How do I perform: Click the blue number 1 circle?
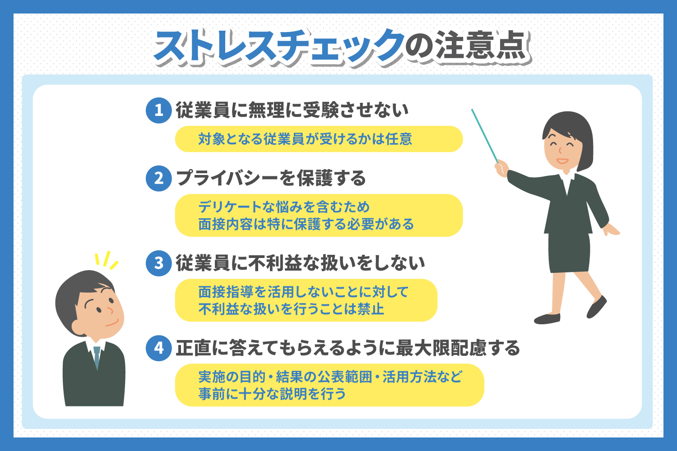[159, 110]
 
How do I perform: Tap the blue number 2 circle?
[159, 178]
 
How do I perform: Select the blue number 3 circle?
[159, 263]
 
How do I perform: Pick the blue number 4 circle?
[159, 348]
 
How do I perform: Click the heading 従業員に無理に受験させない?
[292, 110]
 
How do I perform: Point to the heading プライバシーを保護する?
[271, 178]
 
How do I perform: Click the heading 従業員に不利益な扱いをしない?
[301, 263]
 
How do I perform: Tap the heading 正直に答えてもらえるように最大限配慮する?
[348, 348]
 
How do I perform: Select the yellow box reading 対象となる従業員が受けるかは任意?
[319, 139]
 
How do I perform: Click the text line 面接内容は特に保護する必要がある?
[306, 224]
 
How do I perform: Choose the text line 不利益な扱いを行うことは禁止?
[291, 309]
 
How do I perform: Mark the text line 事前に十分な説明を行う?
[272, 394]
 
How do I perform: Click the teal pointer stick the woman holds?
[484, 136]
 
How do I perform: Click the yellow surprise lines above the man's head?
[106, 260]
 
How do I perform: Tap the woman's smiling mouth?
[562, 161]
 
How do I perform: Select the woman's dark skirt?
[569, 253]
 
